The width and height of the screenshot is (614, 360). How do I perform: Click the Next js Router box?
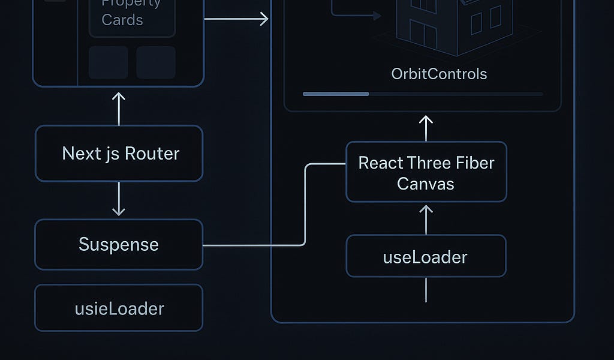click(x=119, y=154)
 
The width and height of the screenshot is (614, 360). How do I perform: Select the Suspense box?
click(x=119, y=244)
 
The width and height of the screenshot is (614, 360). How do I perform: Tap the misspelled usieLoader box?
click(x=119, y=308)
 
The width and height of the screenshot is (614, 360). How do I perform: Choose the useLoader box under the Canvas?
click(x=426, y=257)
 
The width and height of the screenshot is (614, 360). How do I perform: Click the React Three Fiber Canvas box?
click(x=426, y=172)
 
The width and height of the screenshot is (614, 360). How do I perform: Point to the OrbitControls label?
click(x=439, y=74)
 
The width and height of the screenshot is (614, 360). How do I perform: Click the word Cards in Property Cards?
click(x=122, y=20)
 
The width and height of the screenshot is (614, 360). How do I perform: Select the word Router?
click(x=152, y=154)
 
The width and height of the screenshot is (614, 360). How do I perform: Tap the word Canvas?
click(x=426, y=183)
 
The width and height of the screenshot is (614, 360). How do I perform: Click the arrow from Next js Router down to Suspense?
click(x=119, y=199)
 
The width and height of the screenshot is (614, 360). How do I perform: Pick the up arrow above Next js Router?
click(x=119, y=108)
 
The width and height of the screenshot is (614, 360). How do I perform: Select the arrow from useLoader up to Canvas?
click(x=426, y=219)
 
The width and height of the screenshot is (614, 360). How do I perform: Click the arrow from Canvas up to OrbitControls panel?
click(x=426, y=127)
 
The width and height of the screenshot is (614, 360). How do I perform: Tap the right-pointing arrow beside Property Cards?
click(x=236, y=19)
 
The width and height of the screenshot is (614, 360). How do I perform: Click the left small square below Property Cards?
click(x=109, y=62)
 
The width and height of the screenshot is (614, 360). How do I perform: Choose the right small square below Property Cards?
click(x=156, y=62)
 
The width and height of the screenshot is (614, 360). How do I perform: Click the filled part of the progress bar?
click(x=336, y=94)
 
